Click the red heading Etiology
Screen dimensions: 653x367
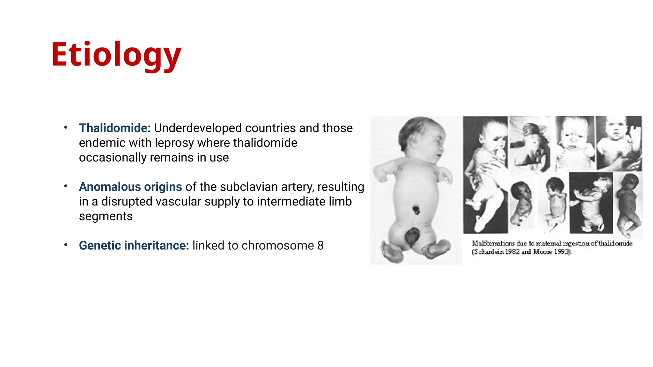coord(116,55)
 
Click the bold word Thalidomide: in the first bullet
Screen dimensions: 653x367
coord(115,128)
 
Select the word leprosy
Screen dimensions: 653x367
coord(174,143)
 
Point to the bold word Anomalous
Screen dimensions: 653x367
coord(110,187)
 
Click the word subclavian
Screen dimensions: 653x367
coord(251,187)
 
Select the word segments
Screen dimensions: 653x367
coord(106,217)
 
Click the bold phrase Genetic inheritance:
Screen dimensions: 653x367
coord(134,246)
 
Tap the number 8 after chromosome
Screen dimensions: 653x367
coord(320,246)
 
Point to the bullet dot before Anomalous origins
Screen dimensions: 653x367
coord(66,186)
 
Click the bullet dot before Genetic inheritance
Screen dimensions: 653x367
coord(66,245)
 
